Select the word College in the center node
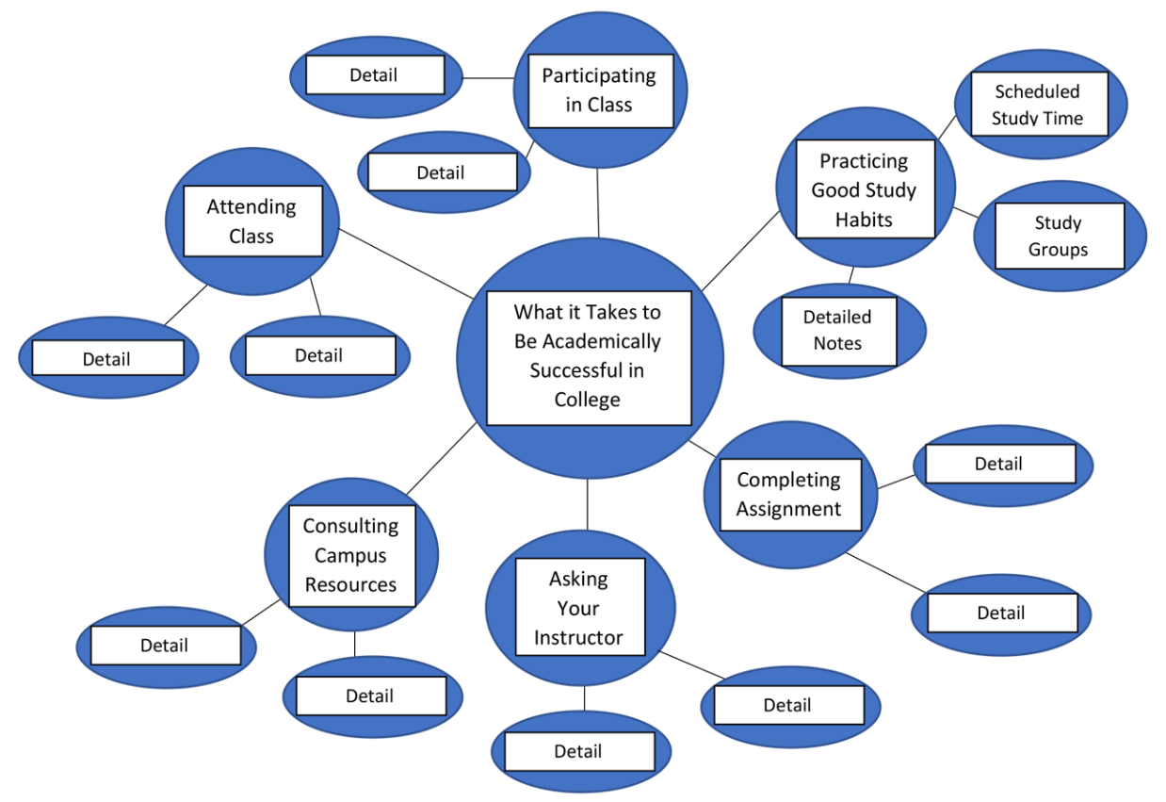(587, 400)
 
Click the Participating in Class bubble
(599, 90)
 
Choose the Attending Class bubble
(251, 221)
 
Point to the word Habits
(864, 220)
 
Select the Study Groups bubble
(1058, 236)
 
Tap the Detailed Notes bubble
(837, 330)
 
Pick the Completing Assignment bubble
(789, 494)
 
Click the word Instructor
(578, 637)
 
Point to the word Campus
(350, 555)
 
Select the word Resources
(350, 584)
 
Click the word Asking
(578, 579)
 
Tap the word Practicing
(864, 161)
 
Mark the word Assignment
(789, 509)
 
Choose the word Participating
(599, 75)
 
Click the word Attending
(251, 207)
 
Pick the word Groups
(1058, 250)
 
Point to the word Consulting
(350, 526)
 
